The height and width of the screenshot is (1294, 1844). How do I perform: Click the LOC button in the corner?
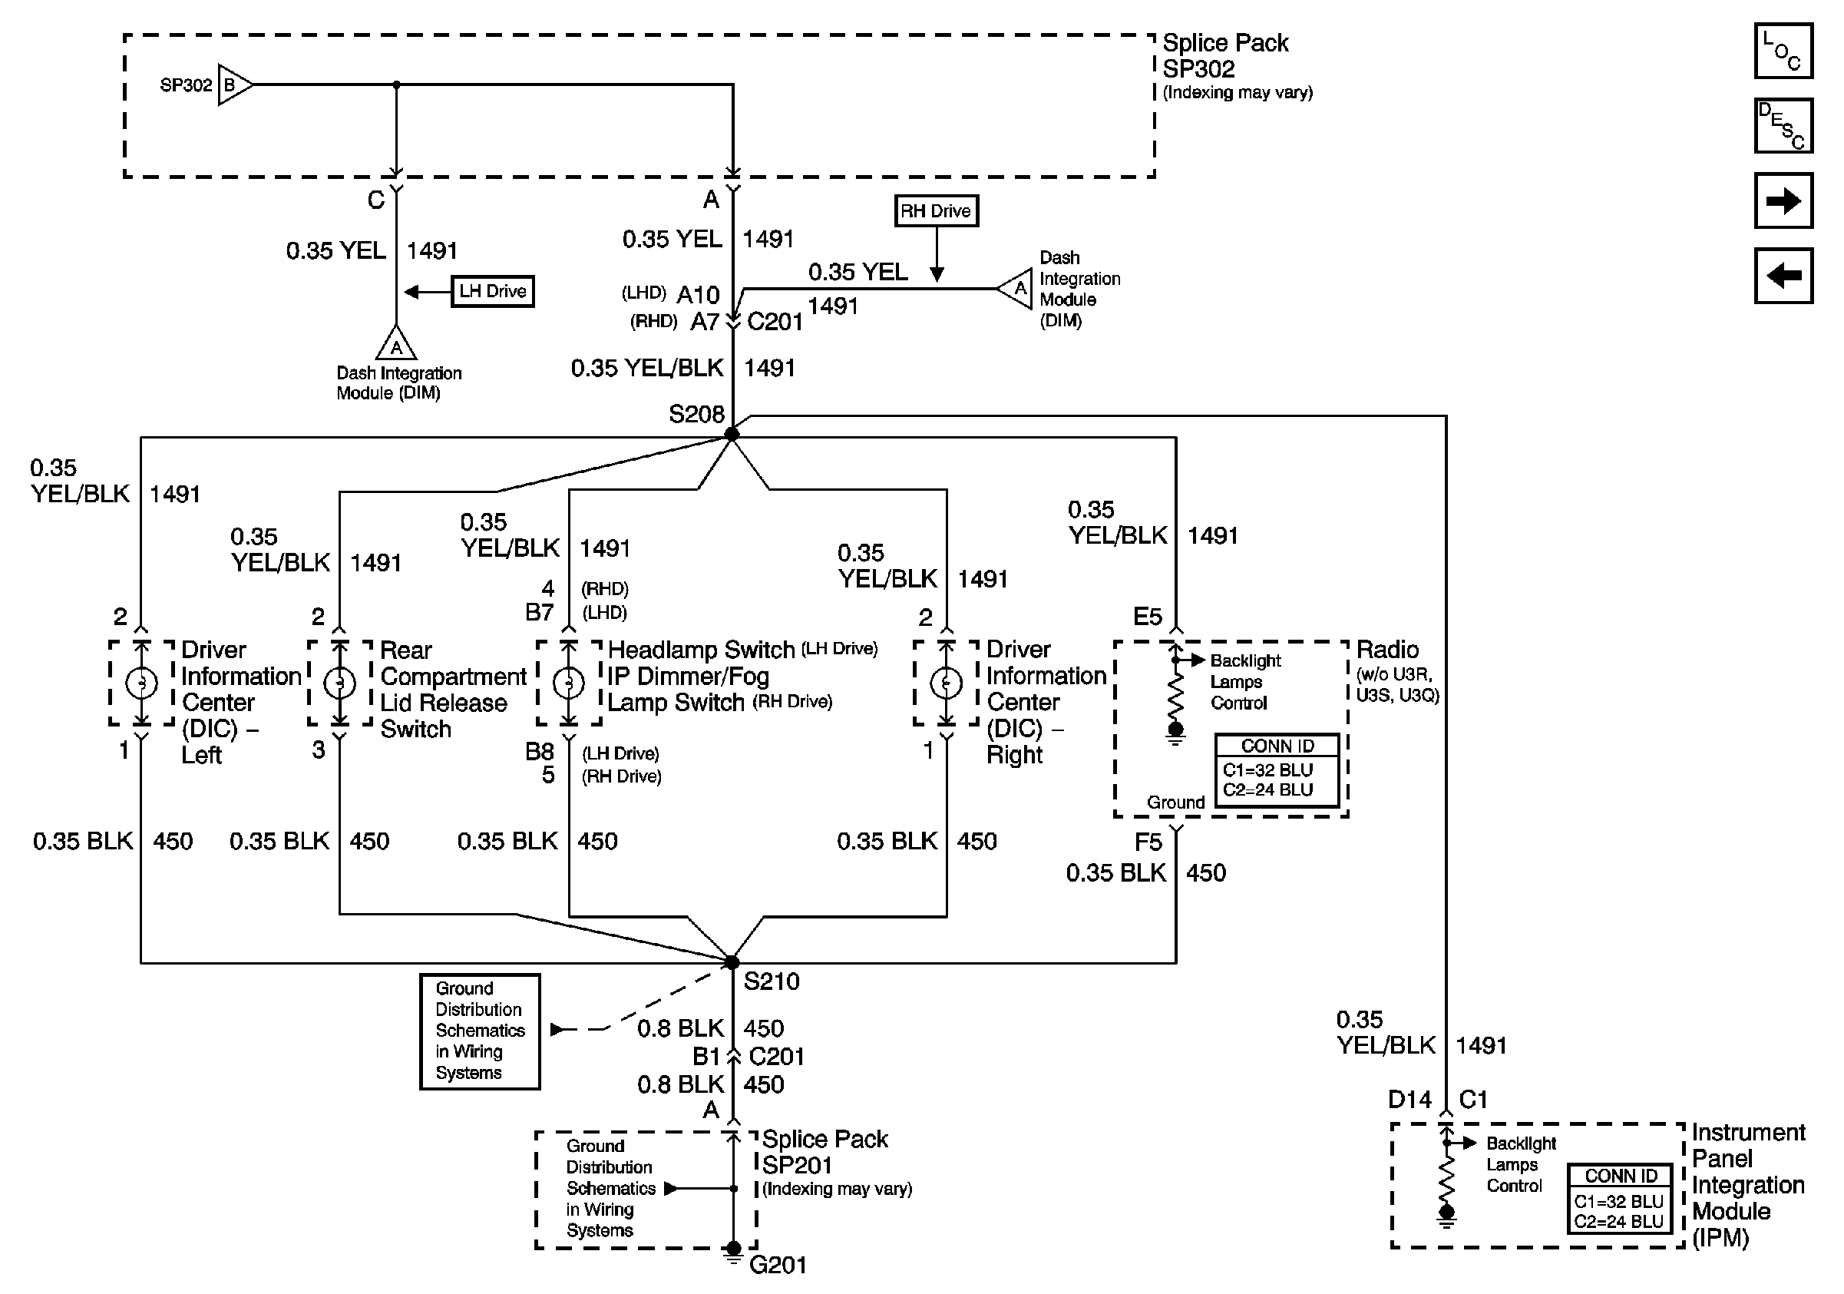(x=1783, y=51)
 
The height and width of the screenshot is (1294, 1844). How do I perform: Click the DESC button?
(x=1783, y=125)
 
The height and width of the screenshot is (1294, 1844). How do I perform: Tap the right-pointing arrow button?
(x=1783, y=200)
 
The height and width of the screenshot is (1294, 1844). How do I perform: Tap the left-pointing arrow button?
(x=1783, y=276)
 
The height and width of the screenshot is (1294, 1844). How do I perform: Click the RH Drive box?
(x=936, y=211)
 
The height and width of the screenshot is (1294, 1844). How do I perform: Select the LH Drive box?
(x=492, y=291)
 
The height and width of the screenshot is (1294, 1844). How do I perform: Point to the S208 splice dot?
(x=732, y=434)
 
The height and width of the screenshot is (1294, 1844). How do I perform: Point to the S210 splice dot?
(x=732, y=961)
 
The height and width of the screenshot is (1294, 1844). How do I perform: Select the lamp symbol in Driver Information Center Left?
(x=141, y=683)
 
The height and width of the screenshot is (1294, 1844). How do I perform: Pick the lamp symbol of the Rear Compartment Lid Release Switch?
(x=340, y=683)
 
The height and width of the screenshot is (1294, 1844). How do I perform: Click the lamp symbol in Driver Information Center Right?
(x=946, y=683)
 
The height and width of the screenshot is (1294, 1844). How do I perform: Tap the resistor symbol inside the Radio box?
(x=1175, y=696)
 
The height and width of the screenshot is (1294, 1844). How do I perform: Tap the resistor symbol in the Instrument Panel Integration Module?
(x=1446, y=1177)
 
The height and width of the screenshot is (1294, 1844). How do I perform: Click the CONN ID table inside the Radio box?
(x=1277, y=769)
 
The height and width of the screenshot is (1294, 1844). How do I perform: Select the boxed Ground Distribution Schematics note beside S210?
(x=480, y=1031)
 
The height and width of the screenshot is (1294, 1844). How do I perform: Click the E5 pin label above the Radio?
(x=1147, y=616)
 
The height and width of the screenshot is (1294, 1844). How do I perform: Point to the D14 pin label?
(x=1409, y=1099)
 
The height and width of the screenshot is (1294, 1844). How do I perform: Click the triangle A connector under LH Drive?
(x=396, y=344)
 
